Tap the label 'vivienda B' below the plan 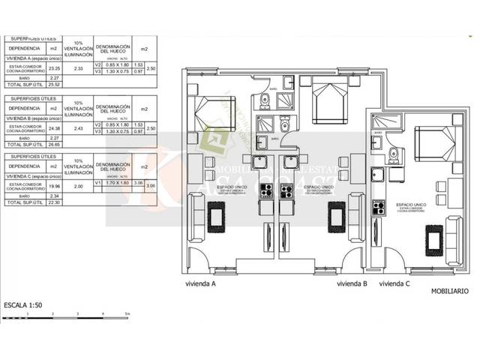click(x=352, y=284)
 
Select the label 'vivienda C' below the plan click(x=394, y=284)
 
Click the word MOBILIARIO click(x=450, y=290)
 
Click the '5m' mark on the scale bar click(x=127, y=313)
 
